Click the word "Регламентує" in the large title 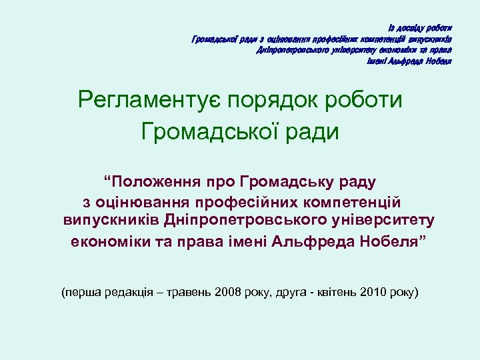pyautogui.click(x=149, y=101)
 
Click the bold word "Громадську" pyautogui.click(x=285, y=181)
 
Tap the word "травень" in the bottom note pyautogui.click(x=190, y=292)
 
